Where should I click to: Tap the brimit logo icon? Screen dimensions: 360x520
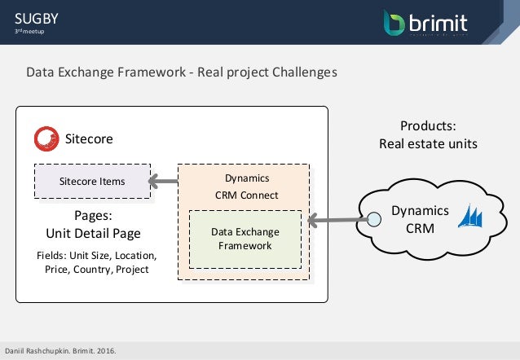point(394,22)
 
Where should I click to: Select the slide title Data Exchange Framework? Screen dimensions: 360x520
point(181,72)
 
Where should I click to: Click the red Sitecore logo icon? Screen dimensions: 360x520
point(46,138)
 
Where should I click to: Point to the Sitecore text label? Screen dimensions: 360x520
point(89,139)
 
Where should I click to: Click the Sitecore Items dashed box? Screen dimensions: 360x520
point(92,181)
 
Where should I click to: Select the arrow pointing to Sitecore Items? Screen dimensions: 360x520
point(164,181)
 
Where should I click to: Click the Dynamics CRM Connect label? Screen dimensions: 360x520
point(246,186)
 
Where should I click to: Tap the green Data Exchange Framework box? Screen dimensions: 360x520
point(245,239)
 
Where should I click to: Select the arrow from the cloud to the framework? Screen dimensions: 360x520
point(337,219)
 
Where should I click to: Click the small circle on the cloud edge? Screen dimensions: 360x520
point(373,218)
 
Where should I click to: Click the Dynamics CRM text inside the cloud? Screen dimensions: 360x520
point(414,218)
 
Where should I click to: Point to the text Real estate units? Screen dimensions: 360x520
point(428,143)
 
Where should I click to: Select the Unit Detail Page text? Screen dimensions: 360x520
point(92,233)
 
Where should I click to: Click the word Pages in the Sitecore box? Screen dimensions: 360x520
point(92,216)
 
